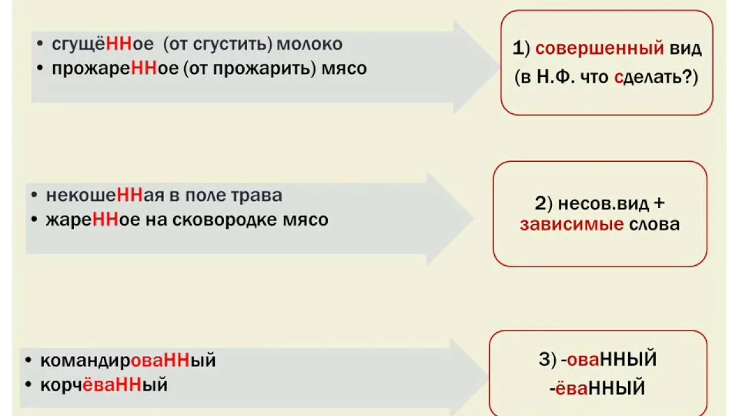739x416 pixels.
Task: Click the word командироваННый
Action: tap(128, 361)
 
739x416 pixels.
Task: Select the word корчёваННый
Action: tap(104, 385)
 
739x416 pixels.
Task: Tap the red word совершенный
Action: tap(599, 49)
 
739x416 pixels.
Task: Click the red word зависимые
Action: tap(571, 224)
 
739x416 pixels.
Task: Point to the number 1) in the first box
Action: tap(521, 49)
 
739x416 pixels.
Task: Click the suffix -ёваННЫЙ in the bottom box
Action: tap(596, 386)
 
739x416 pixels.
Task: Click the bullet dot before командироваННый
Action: tap(28, 361)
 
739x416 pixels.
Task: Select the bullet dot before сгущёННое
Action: tap(39, 44)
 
